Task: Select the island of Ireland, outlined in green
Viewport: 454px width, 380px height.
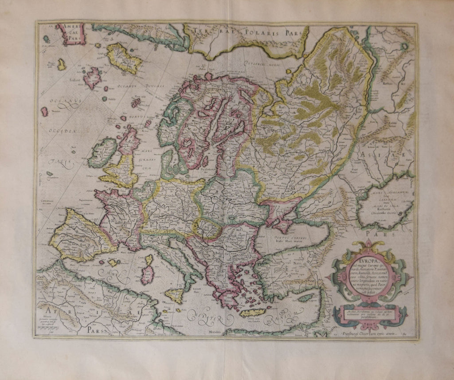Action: click(102, 152)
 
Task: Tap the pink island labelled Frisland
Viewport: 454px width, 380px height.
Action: click(93, 78)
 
